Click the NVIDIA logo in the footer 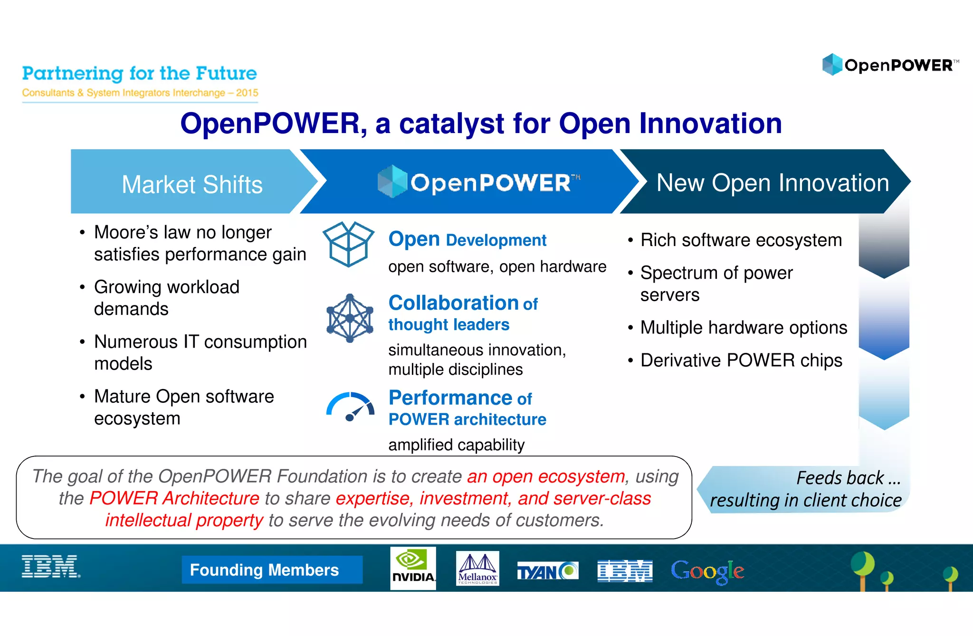tap(413, 568)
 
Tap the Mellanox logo tap(477, 569)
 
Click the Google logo tap(707, 571)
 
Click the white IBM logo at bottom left tap(51, 567)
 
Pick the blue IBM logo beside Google tap(625, 571)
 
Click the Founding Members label tap(265, 570)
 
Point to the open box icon tap(348, 244)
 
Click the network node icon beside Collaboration tap(350, 318)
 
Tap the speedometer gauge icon tap(351, 407)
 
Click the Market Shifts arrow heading tap(192, 184)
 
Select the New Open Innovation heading tap(773, 183)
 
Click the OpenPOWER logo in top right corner tap(890, 65)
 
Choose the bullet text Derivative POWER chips tap(741, 360)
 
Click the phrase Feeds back tap(840, 477)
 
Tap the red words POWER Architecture tap(174, 498)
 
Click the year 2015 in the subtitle tap(247, 93)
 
